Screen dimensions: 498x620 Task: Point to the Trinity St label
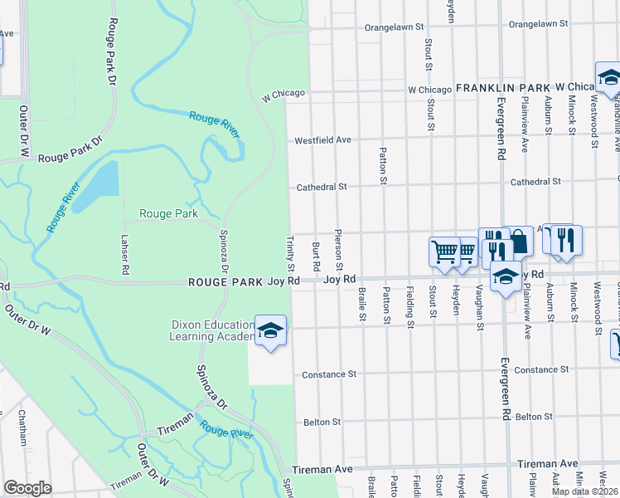291,254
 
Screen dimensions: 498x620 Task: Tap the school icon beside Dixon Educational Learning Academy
270,330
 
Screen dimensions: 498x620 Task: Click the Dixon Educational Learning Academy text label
211,330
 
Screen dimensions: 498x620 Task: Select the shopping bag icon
518,242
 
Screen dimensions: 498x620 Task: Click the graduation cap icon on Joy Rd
506,277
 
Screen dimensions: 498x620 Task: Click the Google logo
27,488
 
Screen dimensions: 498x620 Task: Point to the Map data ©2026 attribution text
584,491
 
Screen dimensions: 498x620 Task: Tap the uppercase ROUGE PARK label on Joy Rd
226,281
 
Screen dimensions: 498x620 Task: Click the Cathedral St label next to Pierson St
322,188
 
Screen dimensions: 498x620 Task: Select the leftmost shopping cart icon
444,252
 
